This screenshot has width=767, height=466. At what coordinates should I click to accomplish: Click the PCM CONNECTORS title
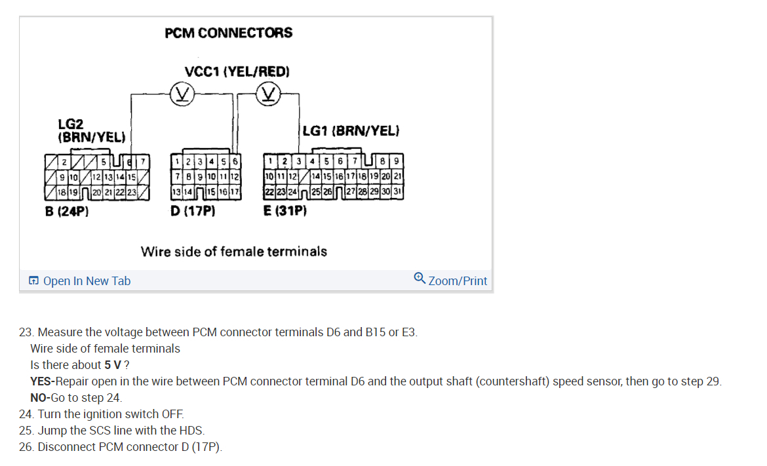(229, 33)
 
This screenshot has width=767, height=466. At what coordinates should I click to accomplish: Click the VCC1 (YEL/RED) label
(237, 71)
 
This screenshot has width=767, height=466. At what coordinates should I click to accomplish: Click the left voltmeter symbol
(180, 96)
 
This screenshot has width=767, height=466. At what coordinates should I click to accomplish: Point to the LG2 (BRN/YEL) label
(92, 130)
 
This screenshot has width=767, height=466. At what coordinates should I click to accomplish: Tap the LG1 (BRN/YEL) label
(351, 131)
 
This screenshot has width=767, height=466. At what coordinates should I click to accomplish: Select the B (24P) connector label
(67, 212)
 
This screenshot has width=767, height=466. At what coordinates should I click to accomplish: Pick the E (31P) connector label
(285, 212)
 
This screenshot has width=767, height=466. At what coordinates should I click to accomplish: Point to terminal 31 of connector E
(399, 192)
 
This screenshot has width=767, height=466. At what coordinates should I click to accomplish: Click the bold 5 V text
(112, 365)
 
